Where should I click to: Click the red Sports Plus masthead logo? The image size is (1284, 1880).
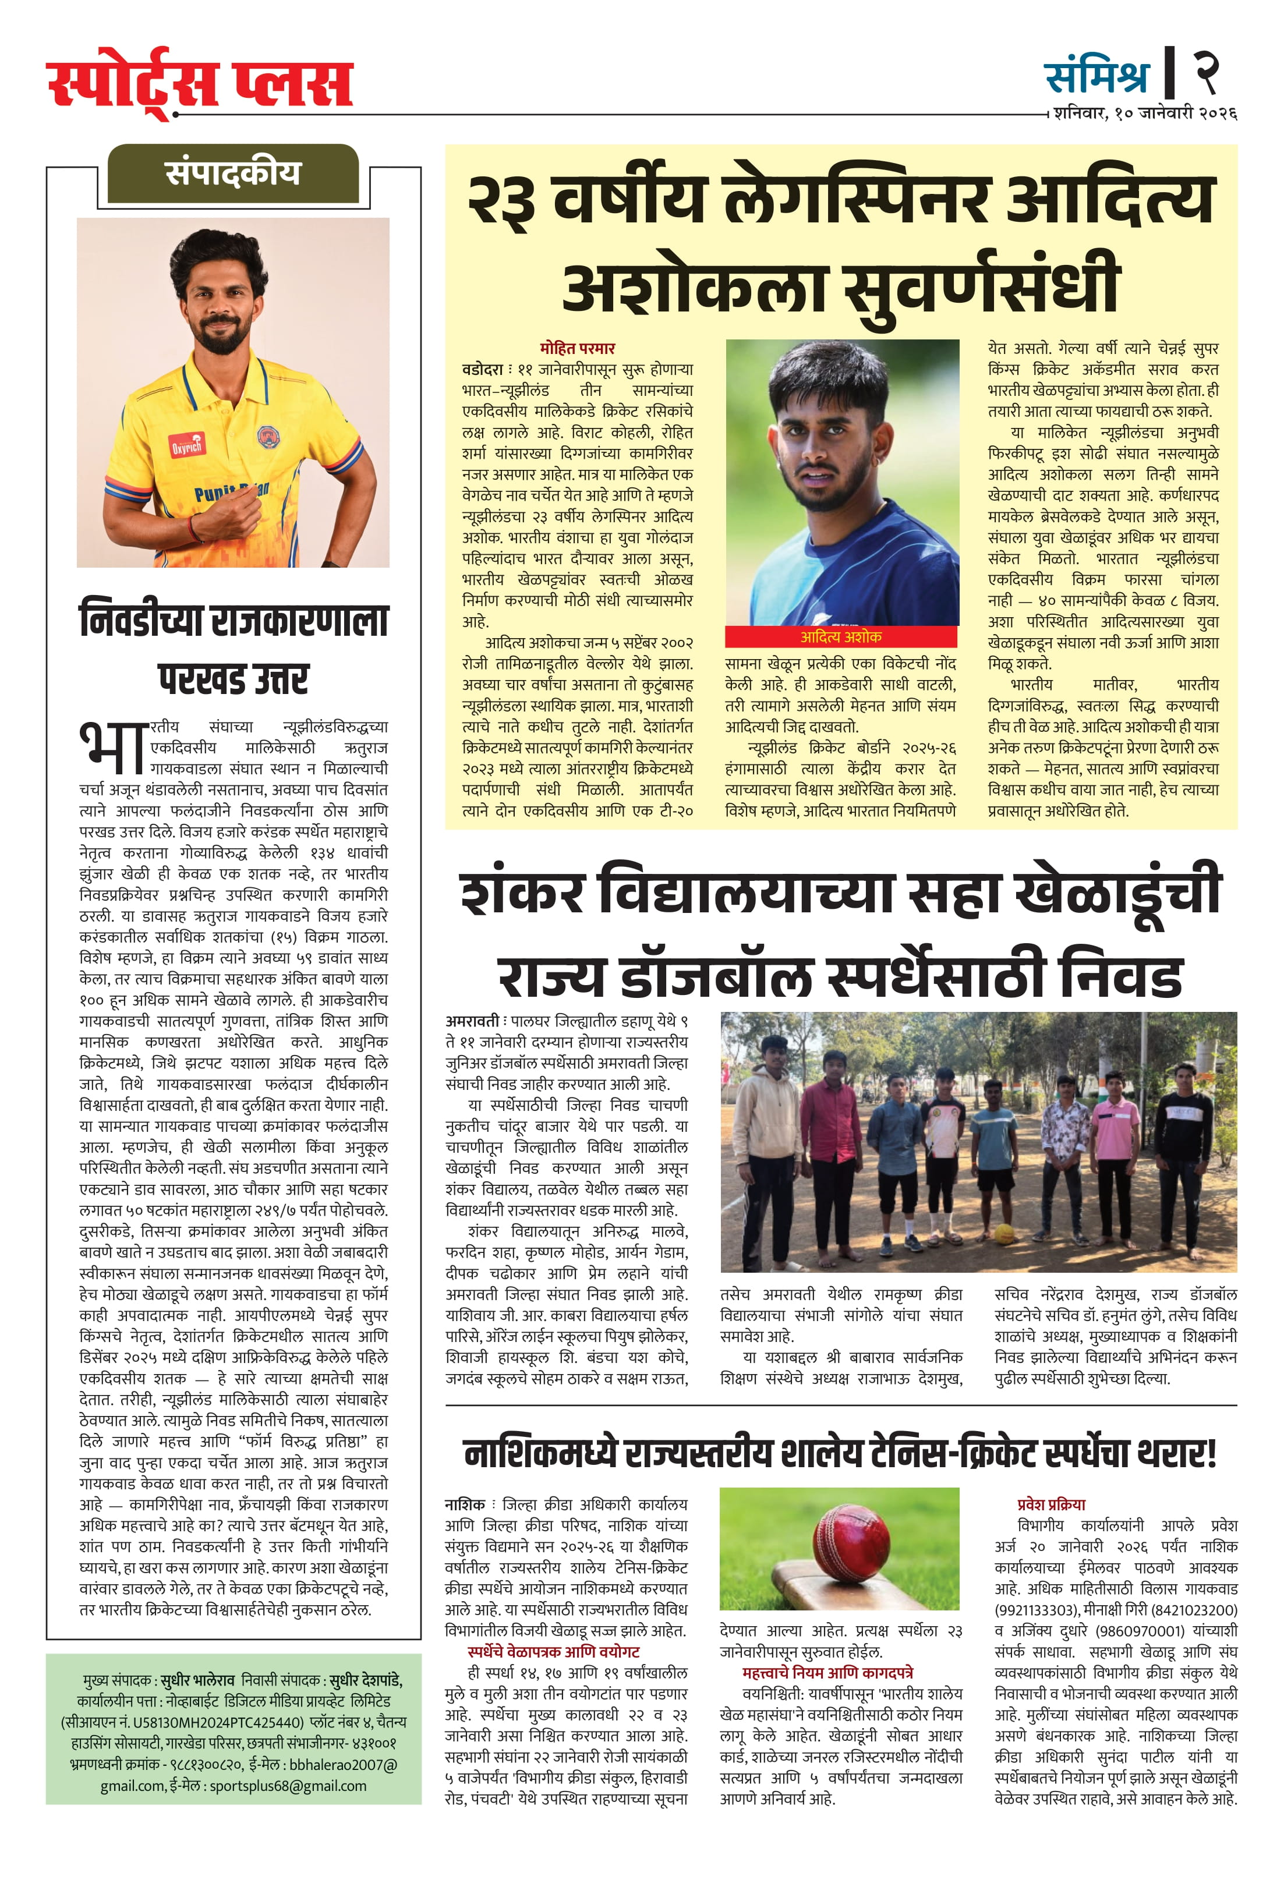[x=200, y=82]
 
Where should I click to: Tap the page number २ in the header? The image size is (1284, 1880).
[x=1205, y=72]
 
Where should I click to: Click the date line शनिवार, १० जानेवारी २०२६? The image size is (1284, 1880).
[x=1144, y=114]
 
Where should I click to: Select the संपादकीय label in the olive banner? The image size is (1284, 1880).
[x=232, y=173]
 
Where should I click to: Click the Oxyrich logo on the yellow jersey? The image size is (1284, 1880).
[x=186, y=444]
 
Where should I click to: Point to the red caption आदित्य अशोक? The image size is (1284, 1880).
[x=841, y=636]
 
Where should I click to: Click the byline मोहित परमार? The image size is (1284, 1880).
[x=577, y=348]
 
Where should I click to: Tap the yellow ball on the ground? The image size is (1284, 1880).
[x=1003, y=1234]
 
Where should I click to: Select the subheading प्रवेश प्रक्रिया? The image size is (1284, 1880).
[x=1051, y=1504]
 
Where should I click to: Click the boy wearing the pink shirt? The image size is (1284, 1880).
[x=1115, y=1143]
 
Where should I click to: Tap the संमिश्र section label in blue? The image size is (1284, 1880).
[x=1096, y=75]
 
